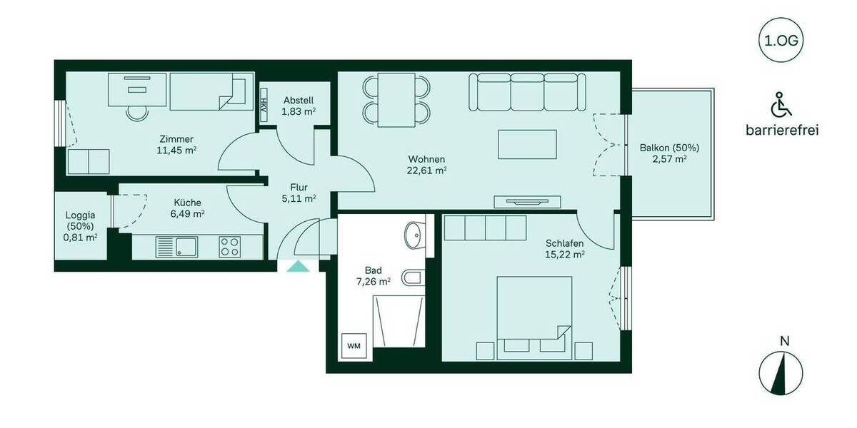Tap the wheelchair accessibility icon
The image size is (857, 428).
pyautogui.click(x=781, y=106)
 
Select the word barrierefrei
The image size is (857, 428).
pyautogui.click(x=781, y=130)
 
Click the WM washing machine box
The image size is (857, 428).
pyautogui.click(x=354, y=345)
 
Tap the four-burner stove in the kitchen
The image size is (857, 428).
pyautogui.click(x=230, y=248)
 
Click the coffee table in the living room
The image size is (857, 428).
pyautogui.click(x=528, y=144)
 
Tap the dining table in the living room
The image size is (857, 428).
pyautogui.click(x=397, y=100)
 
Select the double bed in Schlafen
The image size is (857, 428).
pyautogui.click(x=534, y=312)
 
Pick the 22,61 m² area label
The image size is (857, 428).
pyautogui.click(x=428, y=170)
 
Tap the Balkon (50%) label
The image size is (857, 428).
pyautogui.click(x=669, y=148)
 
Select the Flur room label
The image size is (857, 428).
pyautogui.click(x=299, y=187)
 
